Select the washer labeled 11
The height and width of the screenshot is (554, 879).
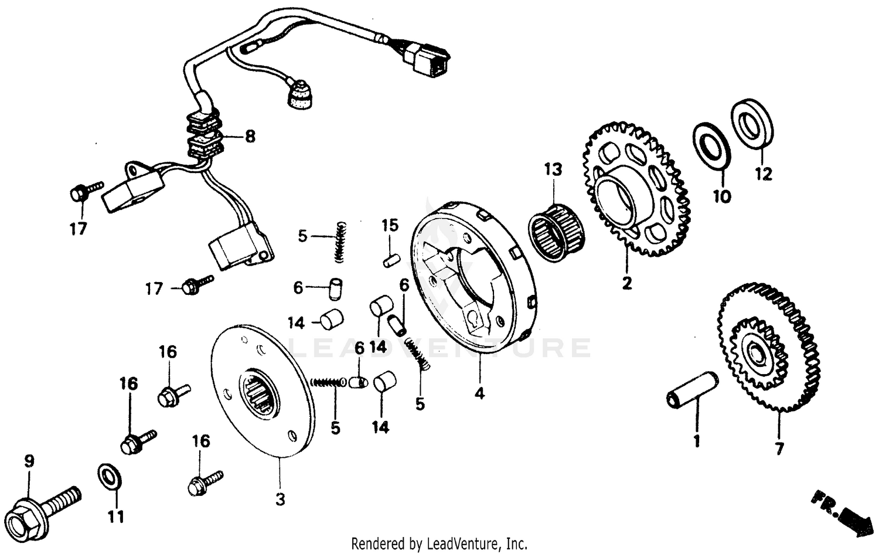[x=109, y=475]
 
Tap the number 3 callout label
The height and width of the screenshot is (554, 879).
[x=280, y=500]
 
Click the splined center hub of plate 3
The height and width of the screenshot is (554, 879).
[x=260, y=394]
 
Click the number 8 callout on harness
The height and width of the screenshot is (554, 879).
[x=250, y=137]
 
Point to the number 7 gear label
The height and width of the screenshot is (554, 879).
[x=779, y=450]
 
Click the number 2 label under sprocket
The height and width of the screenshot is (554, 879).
[x=627, y=284]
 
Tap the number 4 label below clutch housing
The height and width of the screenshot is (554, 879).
[x=479, y=395]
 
